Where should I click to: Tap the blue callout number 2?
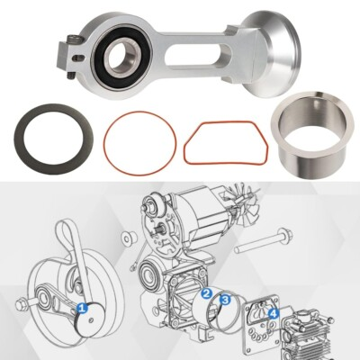[x=206, y=294]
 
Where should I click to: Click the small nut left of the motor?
[x=128, y=238]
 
